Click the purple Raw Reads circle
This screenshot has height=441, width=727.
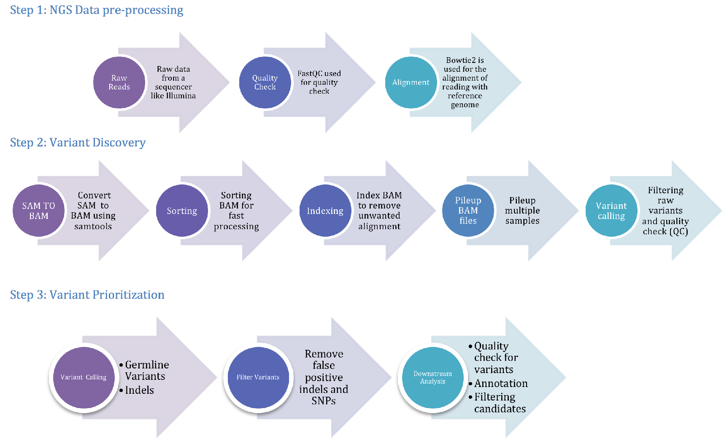click(119, 82)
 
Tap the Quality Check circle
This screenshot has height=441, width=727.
click(265, 82)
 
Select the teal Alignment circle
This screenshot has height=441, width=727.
click(411, 82)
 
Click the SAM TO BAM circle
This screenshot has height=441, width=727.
click(38, 211)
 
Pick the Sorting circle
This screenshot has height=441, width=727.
click(182, 211)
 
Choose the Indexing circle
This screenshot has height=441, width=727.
click(325, 211)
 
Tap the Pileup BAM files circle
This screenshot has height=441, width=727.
click(468, 211)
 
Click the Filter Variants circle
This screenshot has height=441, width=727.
click(258, 377)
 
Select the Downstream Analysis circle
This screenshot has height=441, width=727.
click(432, 377)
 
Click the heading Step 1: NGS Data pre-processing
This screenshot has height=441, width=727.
click(97, 10)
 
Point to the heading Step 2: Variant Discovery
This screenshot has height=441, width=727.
click(78, 143)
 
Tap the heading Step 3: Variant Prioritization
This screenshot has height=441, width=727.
click(87, 295)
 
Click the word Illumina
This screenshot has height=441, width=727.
click(181, 96)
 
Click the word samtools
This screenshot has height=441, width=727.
click(93, 226)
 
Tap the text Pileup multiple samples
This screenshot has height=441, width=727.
click(522, 210)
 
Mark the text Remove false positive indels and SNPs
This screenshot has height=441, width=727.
click(324, 377)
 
